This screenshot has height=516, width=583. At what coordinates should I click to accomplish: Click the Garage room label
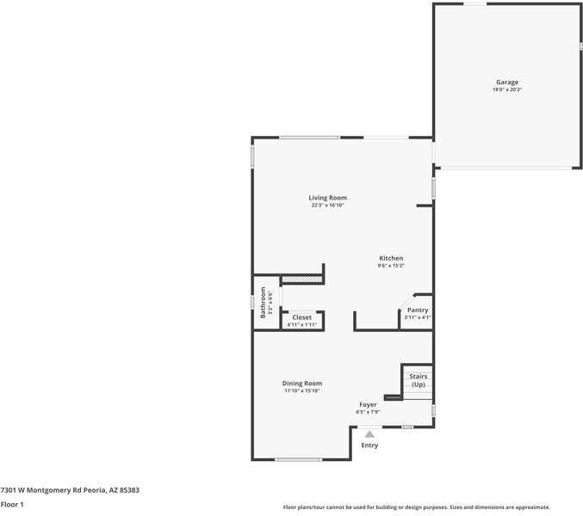(506, 83)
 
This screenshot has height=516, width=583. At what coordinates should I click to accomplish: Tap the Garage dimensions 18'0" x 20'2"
(506, 89)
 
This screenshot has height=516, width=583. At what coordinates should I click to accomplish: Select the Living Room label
(328, 198)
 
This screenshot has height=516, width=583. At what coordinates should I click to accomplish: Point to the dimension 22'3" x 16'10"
(328, 206)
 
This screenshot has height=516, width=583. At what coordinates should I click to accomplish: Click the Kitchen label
(391, 259)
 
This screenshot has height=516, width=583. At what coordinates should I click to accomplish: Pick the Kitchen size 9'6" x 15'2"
(391, 267)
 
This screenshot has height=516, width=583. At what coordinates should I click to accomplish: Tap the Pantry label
(418, 310)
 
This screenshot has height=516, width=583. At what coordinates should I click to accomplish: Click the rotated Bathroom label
(264, 303)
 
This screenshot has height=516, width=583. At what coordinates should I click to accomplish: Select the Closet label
(301, 317)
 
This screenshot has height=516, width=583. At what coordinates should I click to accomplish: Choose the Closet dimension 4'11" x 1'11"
(301, 325)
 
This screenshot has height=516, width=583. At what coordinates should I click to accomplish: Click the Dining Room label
(302, 384)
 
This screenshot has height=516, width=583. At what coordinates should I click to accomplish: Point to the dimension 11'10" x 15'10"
(302, 391)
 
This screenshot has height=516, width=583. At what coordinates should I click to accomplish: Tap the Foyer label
(368, 404)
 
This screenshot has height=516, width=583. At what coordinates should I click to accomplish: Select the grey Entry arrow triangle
(369, 434)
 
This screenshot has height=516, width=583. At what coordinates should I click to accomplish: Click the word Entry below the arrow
(369, 445)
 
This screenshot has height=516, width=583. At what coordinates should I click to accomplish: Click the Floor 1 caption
(12, 505)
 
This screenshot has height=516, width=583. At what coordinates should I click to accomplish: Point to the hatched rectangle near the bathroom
(301, 279)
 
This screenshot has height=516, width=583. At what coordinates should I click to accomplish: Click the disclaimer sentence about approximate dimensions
(417, 507)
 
